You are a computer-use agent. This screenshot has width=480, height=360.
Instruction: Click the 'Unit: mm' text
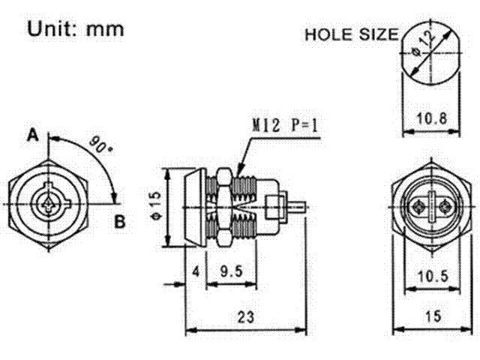(75, 29)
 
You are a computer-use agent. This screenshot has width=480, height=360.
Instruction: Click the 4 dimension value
(194, 271)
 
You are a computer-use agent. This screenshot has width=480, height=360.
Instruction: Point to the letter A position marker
(32, 136)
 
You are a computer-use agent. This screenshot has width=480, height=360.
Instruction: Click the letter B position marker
(120, 222)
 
